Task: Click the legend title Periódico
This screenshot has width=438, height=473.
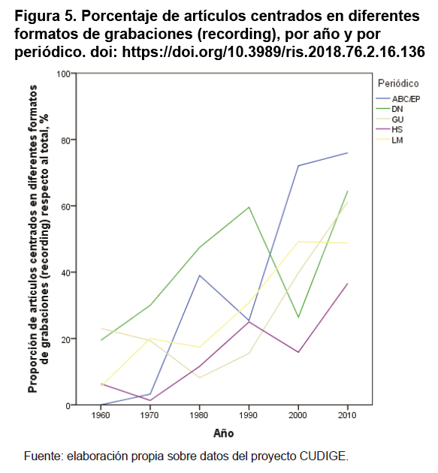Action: coord(398,83)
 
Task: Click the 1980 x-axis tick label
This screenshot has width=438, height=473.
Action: coord(199,415)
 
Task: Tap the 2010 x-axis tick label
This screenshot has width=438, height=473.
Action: coord(347,415)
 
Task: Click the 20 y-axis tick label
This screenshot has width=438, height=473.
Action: coord(65,339)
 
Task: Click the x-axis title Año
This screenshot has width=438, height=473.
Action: coord(223,433)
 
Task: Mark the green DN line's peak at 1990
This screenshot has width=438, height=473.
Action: coord(249,207)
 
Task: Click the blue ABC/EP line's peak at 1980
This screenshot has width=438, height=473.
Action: coord(199,276)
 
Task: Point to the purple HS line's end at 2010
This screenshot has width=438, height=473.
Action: coord(347,284)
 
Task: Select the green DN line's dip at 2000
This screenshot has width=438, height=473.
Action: coord(298,317)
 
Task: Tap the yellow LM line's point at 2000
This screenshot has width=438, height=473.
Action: coord(298,241)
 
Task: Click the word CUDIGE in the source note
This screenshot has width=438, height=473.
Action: coord(324,456)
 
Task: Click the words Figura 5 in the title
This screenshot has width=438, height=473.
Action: coord(45,17)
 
